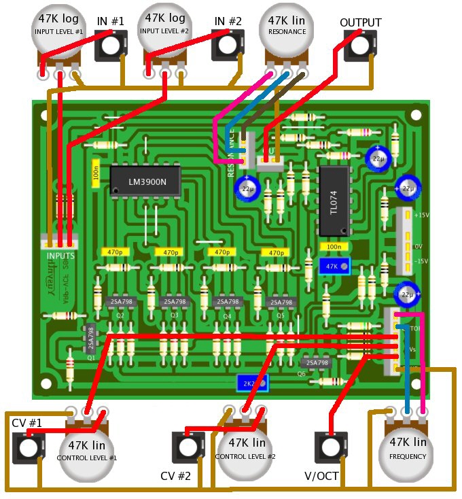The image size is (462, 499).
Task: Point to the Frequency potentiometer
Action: (x=408, y=449)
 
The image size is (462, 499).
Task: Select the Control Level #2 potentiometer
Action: (x=245, y=449)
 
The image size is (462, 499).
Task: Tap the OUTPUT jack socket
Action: (x=359, y=46)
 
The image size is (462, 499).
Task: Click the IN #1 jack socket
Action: (x=110, y=46)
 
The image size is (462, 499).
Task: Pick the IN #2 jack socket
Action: (x=228, y=46)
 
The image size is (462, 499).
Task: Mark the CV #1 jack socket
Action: (x=27, y=447)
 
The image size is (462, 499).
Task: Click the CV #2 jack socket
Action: (x=187, y=447)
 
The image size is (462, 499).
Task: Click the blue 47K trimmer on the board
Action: (x=336, y=266)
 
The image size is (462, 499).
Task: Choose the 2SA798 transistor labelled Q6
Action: (x=316, y=363)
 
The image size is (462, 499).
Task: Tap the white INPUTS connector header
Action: (x=58, y=241)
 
